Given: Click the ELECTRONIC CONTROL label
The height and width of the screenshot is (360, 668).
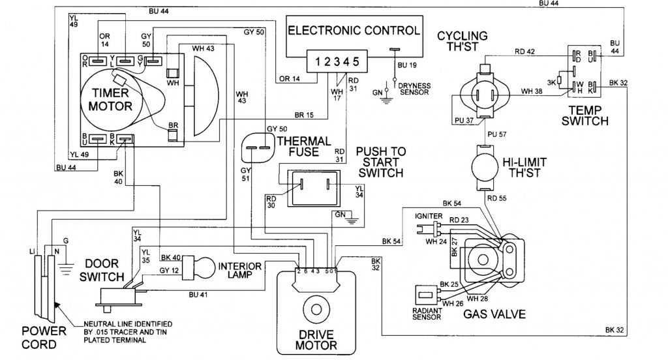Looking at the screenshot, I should point(354,31).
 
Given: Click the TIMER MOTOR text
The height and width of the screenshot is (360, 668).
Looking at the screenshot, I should point(108,100).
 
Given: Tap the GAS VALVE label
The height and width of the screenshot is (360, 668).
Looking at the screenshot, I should point(495,313).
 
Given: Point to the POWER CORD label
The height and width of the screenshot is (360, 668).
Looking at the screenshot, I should point(44,335).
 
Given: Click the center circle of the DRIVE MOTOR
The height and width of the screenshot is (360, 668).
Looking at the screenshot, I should point(320,310).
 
